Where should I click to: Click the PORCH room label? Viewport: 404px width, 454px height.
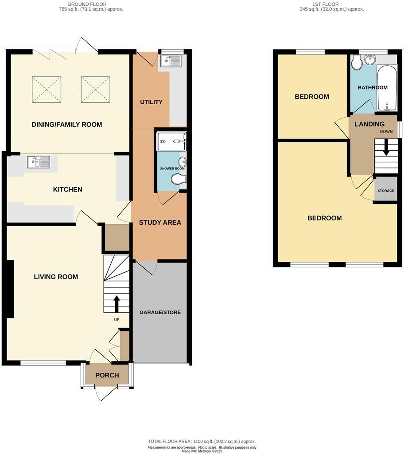pyautogui.click(x=107, y=375)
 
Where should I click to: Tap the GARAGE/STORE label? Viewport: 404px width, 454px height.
pyautogui.click(x=160, y=312)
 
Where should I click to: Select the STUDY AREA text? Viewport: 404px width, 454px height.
pyautogui.click(x=160, y=223)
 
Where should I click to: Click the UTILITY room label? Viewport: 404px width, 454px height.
pyautogui.click(x=151, y=102)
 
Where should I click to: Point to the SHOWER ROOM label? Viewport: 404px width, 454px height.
pyautogui.click(x=172, y=168)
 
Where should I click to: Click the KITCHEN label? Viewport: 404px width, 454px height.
pyautogui.click(x=67, y=189)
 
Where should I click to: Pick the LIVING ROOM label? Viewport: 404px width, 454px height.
pyautogui.click(x=56, y=277)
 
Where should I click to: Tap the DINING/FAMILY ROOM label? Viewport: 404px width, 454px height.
pyautogui.click(x=67, y=125)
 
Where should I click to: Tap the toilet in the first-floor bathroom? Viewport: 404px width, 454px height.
pyautogui.click(x=357, y=64)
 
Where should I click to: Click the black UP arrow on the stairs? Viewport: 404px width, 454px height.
pyautogui.click(x=117, y=304)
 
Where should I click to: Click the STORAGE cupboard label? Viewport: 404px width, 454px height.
pyautogui.click(x=385, y=191)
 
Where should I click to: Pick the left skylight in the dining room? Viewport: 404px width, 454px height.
pyautogui.click(x=47, y=90)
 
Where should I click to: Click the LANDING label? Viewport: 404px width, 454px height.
pyautogui.click(x=369, y=124)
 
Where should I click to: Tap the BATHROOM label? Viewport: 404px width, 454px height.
pyautogui.click(x=373, y=87)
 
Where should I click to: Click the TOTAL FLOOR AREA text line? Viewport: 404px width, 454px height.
pyautogui.click(x=202, y=442)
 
